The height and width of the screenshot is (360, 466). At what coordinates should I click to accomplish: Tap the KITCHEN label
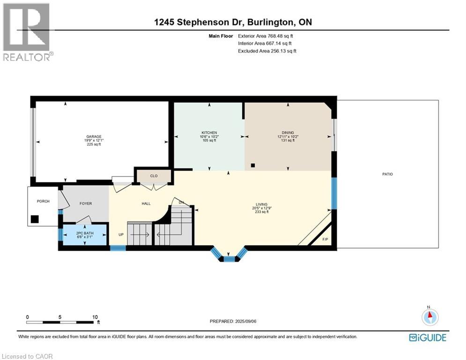[209, 133]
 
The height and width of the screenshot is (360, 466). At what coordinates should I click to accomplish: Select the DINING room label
[288, 133]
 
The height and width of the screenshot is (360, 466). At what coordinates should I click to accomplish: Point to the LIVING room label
[261, 204]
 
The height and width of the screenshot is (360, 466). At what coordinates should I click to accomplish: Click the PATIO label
[387, 174]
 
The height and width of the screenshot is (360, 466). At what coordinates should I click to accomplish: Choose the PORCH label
[43, 201]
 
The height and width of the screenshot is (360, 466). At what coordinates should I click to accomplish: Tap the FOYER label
[86, 203]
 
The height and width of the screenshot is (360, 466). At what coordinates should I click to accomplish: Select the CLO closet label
[154, 176]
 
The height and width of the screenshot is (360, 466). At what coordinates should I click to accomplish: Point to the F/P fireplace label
[326, 240]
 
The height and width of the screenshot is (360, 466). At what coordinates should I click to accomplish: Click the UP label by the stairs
[120, 234]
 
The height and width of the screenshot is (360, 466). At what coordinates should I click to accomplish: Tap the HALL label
[146, 203]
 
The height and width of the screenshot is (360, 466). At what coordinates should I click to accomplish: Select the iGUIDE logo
[428, 337]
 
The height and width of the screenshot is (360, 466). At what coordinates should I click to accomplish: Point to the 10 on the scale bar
[95, 317]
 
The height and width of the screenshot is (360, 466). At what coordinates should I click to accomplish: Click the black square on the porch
[35, 219]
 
